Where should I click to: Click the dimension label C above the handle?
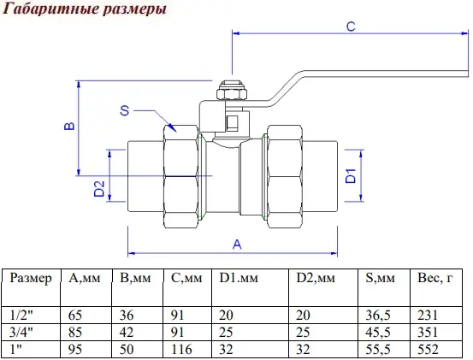point(351,27)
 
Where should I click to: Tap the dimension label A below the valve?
point(237,244)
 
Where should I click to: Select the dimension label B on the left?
point(69,126)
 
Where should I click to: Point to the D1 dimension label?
point(351,176)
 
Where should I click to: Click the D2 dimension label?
point(99,189)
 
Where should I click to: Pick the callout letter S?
point(125,110)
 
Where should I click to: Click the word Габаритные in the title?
point(50,9)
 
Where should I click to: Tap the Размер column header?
point(31,278)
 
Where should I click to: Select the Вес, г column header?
point(435,278)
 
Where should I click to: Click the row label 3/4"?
point(21,333)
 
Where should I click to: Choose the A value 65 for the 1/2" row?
point(75,316)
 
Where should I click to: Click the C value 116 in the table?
point(181,350)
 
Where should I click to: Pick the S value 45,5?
point(378,333)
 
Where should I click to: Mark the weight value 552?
point(428,350)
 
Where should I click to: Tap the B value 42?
point(127,333)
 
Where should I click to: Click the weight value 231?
point(428,316)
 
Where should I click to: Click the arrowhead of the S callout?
point(173,127)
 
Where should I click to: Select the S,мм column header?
point(380,278)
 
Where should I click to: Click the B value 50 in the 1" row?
point(127,350)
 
